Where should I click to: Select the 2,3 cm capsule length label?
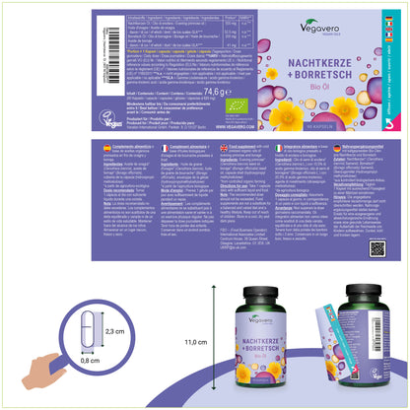pos(115,332)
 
